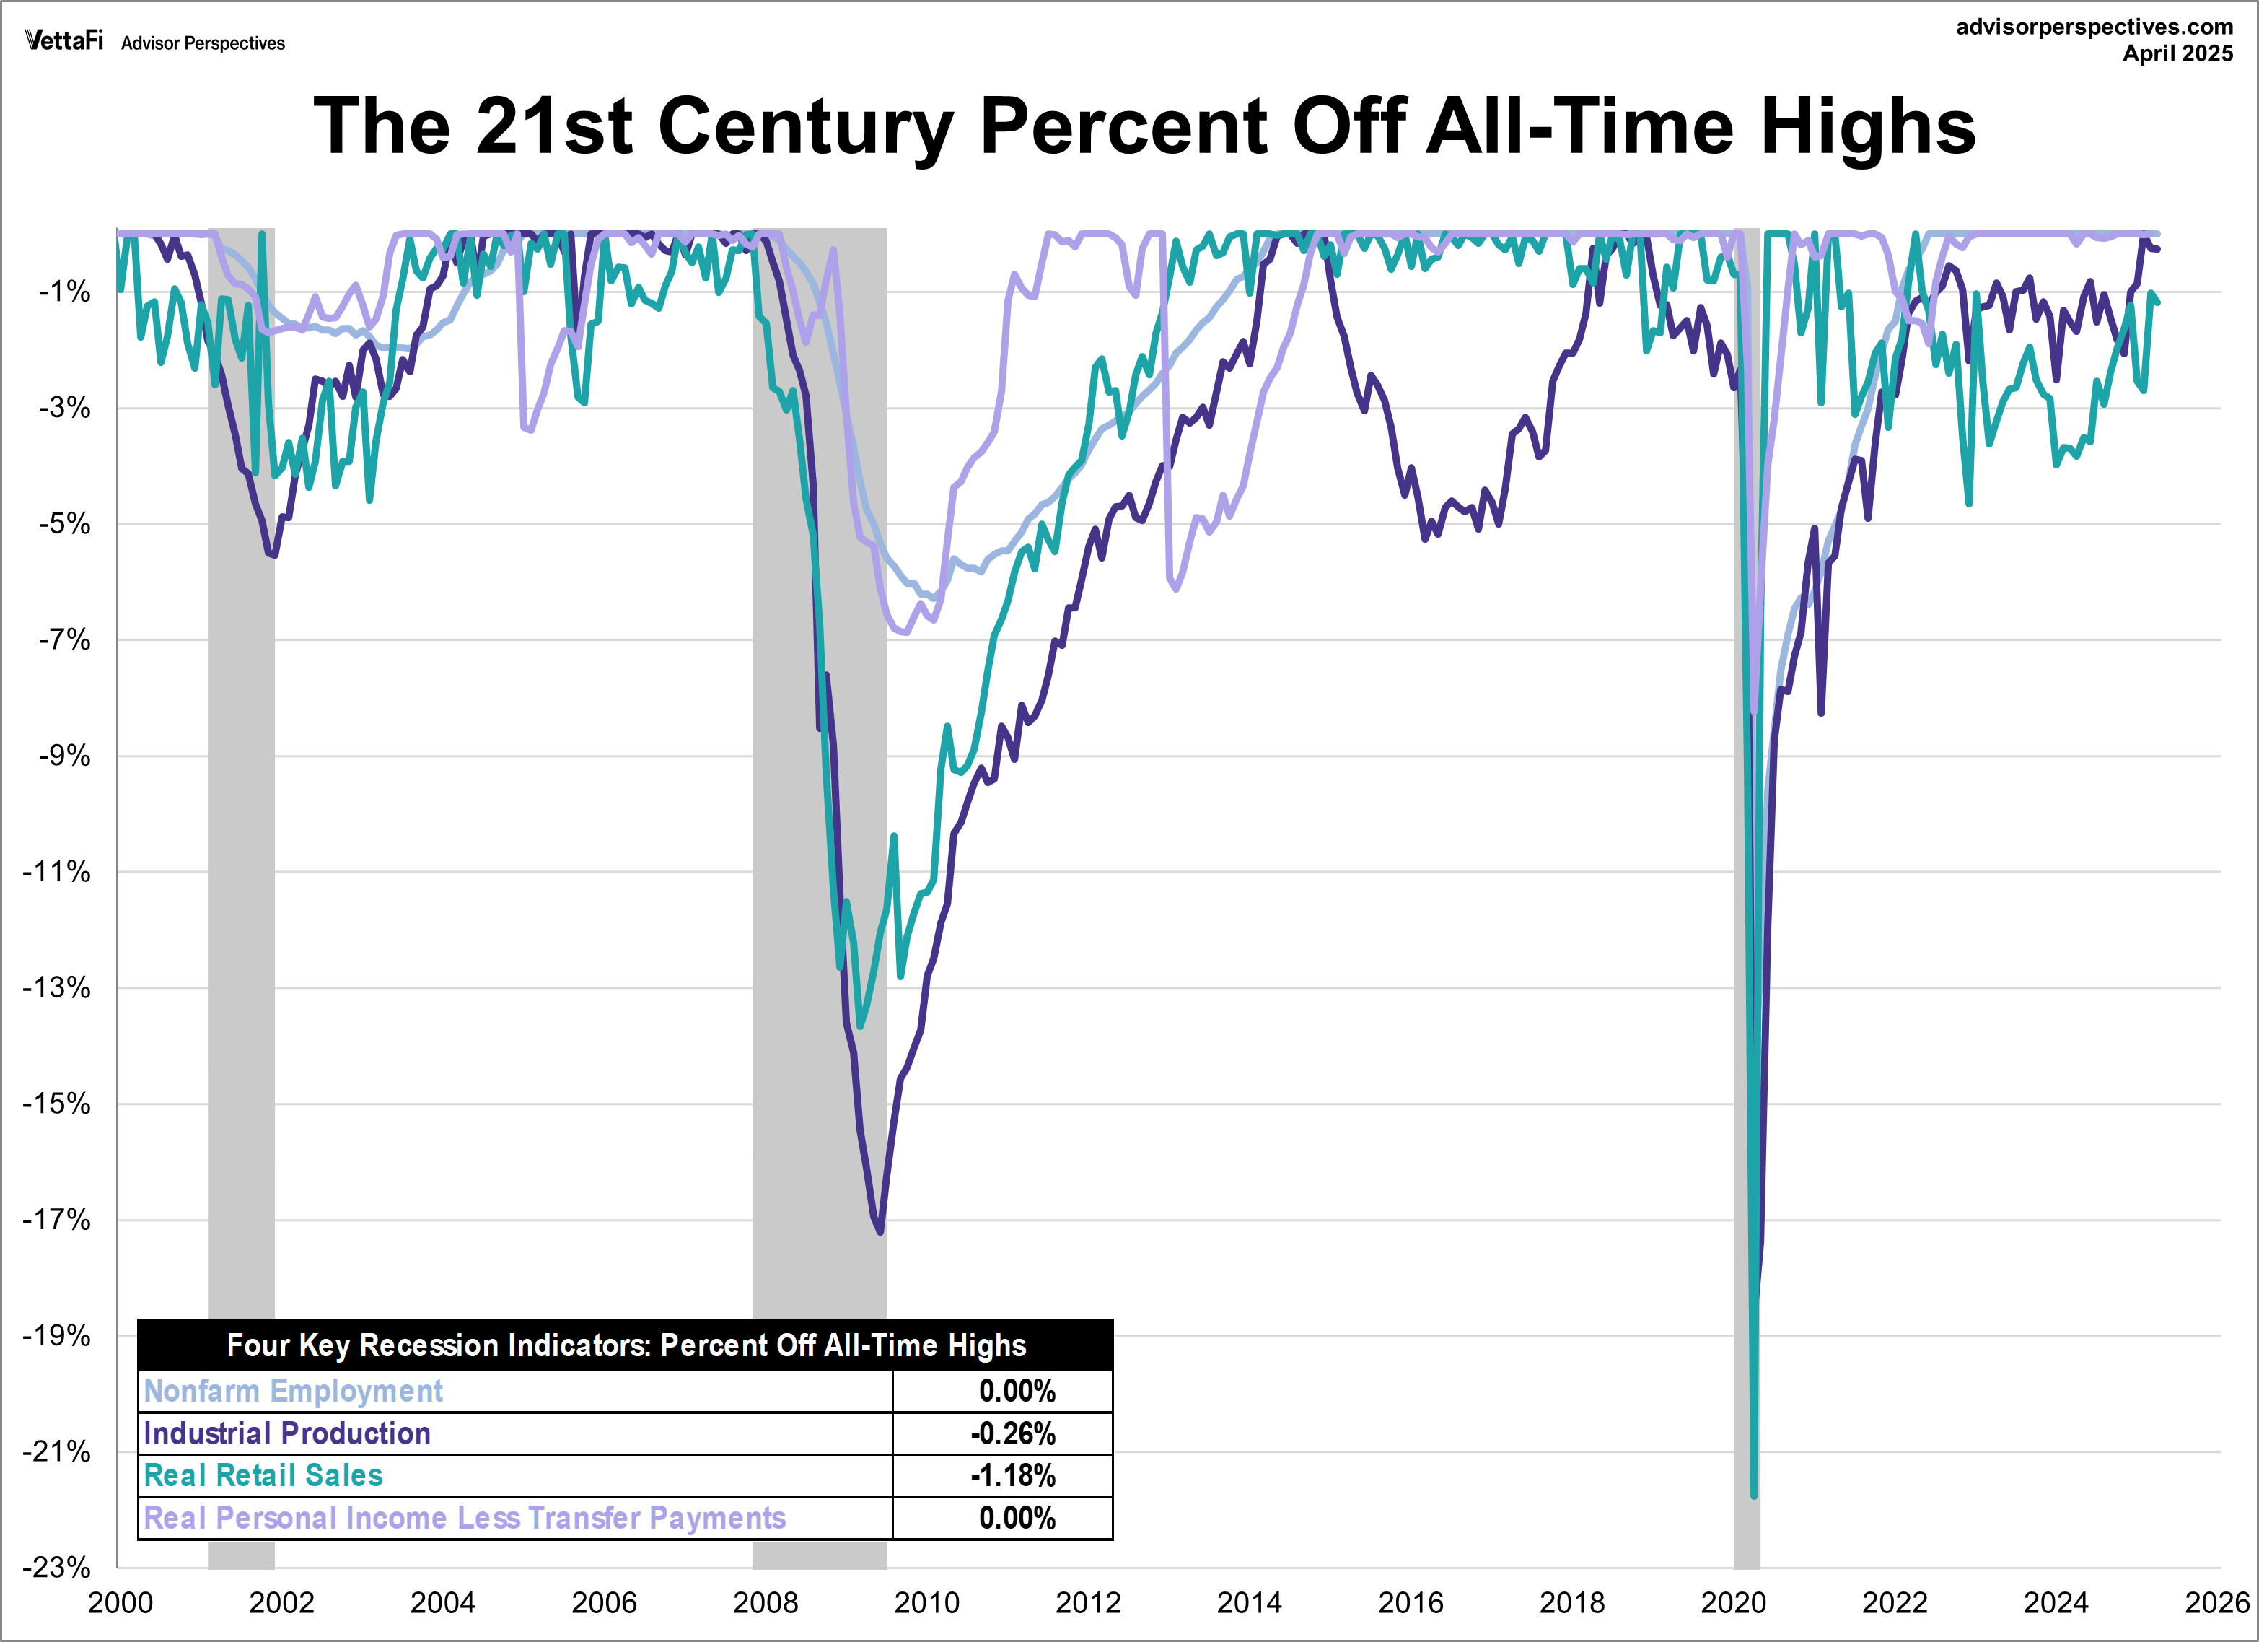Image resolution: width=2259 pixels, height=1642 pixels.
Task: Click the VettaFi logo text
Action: pos(63,41)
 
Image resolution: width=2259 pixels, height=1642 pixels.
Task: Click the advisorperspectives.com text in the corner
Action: pos(2094,27)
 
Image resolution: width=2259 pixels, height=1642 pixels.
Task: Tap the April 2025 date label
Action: pos(2177,54)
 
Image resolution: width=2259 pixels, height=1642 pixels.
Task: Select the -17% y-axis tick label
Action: pos(57,1220)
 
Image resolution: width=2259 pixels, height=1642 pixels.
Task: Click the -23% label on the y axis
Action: pos(57,1567)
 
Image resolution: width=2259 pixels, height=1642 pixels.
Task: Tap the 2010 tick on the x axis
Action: pos(926,1603)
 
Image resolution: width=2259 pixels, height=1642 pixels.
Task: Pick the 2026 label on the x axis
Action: pos(2216,1603)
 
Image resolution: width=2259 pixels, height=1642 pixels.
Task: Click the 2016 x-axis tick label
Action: pos(1411,1603)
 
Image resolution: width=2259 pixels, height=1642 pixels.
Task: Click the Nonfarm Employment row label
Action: pos(293,1391)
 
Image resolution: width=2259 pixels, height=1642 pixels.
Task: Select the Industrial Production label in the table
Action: pos(287,1433)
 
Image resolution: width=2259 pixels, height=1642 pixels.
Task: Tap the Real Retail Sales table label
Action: pos(263,1475)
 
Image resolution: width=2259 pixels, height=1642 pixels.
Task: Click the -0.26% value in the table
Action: pos(1013,1433)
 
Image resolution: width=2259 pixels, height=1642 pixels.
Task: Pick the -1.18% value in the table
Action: pos(1013,1475)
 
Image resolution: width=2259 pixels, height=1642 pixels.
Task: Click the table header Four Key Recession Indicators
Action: pos(626,1345)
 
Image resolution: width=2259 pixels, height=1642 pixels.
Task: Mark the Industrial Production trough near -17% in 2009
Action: pos(880,1231)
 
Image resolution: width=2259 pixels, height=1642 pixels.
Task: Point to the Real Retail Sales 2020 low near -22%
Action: pos(1754,1495)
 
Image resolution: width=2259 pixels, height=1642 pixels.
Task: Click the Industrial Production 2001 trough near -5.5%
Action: pos(273,555)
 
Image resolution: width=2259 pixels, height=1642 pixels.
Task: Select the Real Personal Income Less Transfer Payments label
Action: pos(464,1519)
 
